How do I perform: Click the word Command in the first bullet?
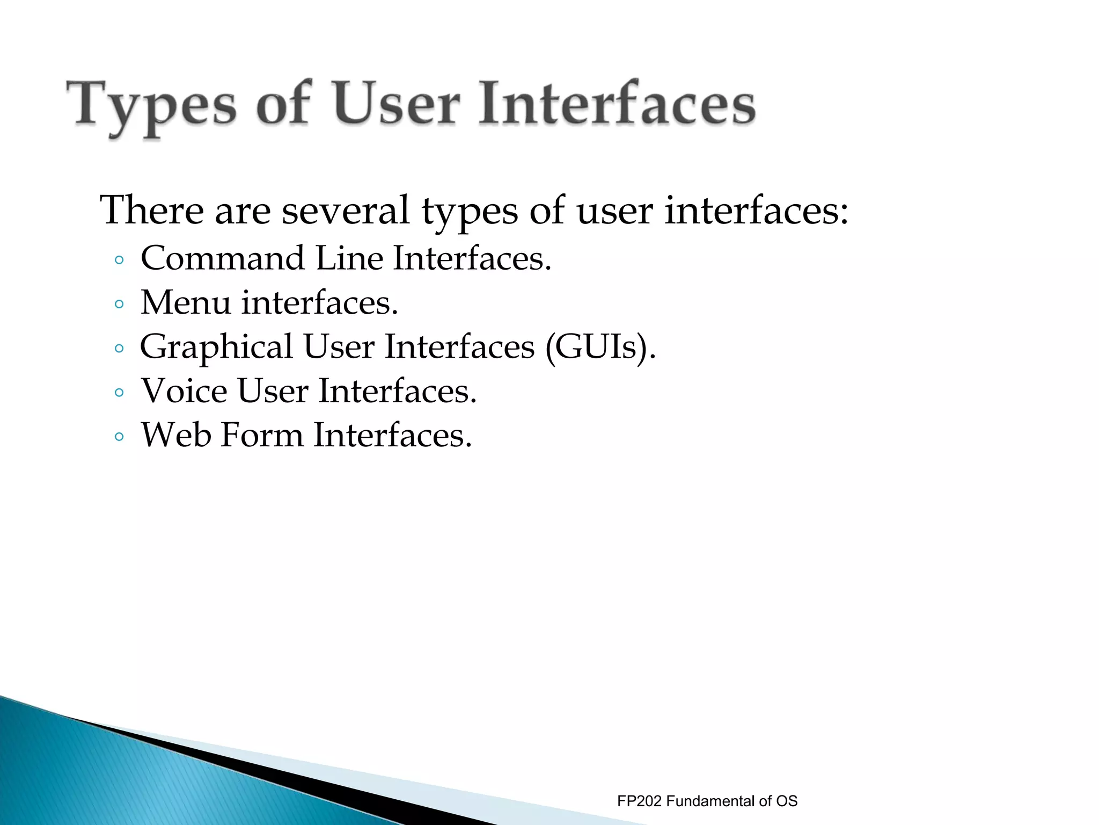click(223, 258)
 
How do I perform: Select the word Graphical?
click(216, 348)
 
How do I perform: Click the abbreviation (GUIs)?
click(600, 348)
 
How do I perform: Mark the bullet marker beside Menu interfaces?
click(119, 305)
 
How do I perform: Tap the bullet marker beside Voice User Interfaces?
click(119, 393)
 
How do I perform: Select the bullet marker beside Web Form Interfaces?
click(119, 437)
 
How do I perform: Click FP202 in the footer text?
click(639, 801)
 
